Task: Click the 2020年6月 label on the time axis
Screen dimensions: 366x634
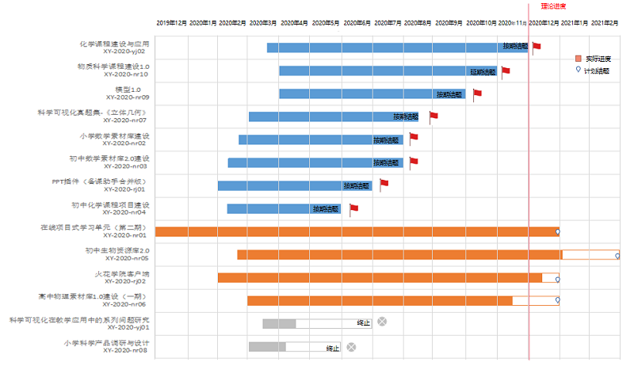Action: coord(358,23)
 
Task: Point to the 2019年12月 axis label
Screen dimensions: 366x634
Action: coord(171,23)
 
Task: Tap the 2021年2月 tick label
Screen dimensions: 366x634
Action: coord(605,23)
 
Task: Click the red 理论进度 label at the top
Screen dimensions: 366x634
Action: coord(542,6)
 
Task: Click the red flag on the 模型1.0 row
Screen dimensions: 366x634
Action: coord(477,93)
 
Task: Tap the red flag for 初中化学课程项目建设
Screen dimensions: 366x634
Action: coord(353,208)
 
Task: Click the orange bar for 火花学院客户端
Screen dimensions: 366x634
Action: coord(380,277)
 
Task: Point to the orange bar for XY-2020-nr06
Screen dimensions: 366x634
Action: coord(380,300)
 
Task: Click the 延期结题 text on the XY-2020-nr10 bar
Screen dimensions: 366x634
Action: coord(483,71)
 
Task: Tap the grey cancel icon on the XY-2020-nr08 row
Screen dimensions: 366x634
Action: coord(351,347)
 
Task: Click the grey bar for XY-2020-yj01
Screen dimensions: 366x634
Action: coord(279,323)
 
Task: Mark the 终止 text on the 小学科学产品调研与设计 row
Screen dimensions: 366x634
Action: coord(333,348)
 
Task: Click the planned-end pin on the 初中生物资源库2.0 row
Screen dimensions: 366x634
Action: coord(617,254)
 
